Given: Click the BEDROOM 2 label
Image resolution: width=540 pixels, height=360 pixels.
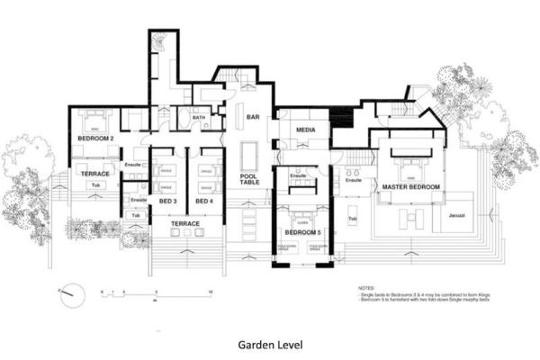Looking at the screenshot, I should coord(94,138).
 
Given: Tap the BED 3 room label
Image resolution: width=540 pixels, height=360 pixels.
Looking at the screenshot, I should coord(168,200).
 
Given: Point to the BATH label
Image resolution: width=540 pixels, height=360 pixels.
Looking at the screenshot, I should coord(197,117).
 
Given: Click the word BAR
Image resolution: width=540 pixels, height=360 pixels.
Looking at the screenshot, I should coord(254,117).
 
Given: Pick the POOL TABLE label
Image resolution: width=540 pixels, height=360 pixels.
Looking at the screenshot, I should coord(249,180).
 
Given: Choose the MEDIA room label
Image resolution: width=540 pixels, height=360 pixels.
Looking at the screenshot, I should coord(304,132).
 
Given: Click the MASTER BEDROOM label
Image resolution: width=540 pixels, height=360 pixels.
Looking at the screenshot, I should coord(410,186).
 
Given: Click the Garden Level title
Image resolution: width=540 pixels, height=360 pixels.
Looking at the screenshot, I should coord(269,343).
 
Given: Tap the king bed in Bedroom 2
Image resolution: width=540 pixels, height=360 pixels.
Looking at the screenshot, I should coord(94,121).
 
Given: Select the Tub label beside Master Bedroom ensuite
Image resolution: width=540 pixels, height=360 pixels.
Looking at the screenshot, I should coord(353,218).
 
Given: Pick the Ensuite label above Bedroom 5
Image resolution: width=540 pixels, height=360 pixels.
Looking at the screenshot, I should coord(299,175).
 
